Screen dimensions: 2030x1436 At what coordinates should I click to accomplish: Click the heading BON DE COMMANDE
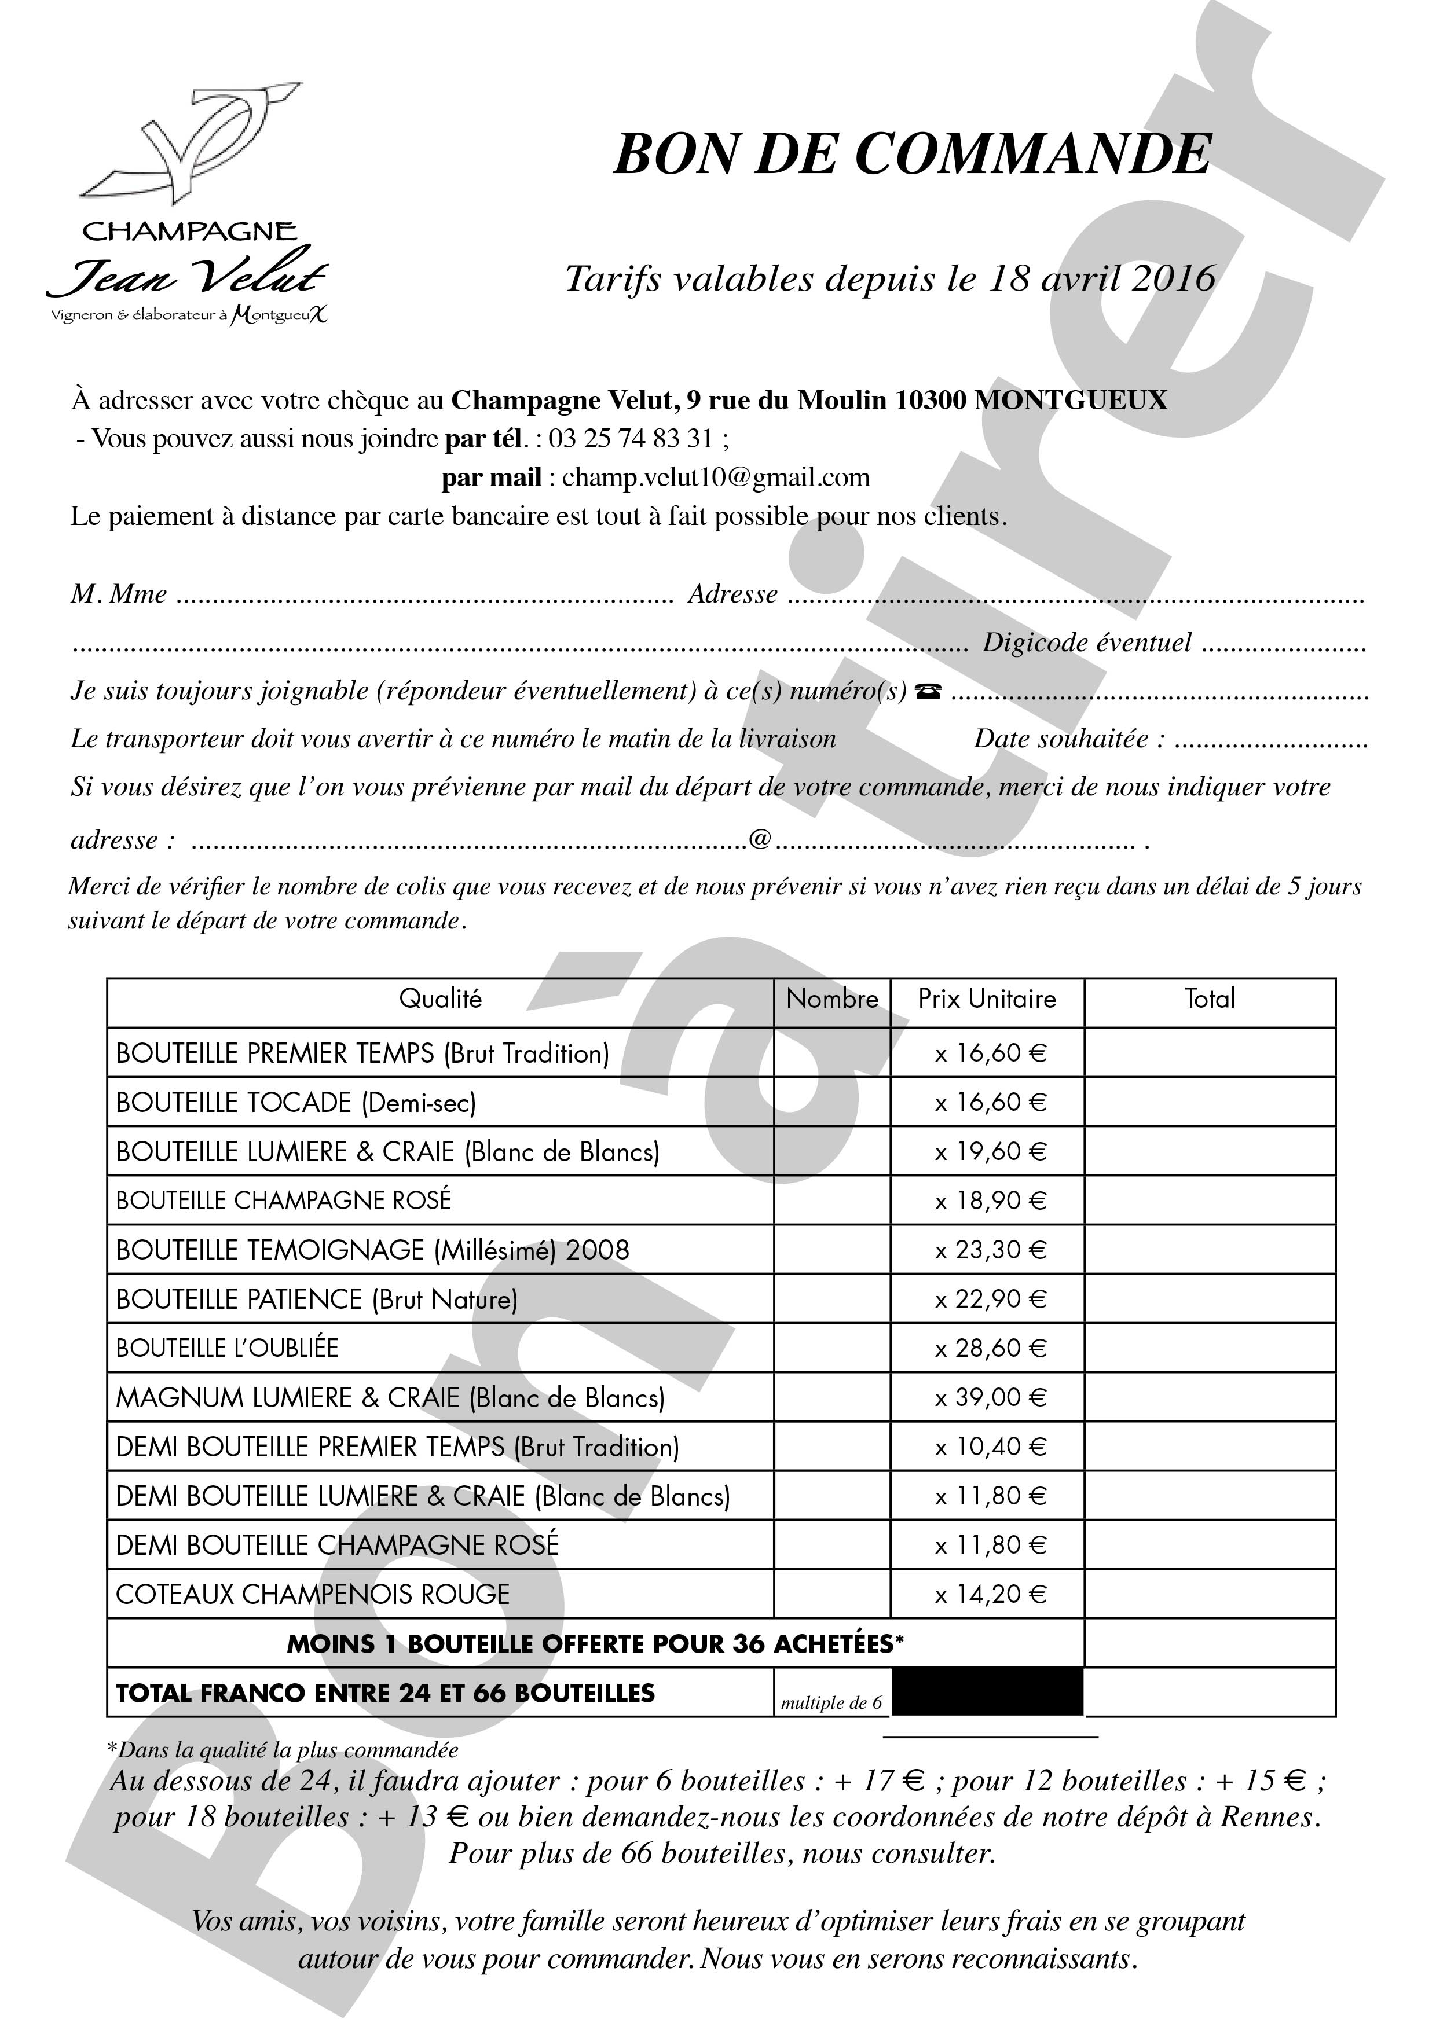point(911,154)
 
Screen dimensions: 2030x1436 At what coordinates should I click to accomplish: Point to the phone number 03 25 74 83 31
point(631,439)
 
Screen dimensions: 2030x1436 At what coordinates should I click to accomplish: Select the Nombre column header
point(832,999)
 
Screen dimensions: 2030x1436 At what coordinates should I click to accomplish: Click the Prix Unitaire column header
point(987,999)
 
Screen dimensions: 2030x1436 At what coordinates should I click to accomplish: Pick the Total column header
point(1210,999)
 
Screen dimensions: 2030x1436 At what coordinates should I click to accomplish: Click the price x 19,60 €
point(990,1152)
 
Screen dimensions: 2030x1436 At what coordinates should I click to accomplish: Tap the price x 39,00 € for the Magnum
point(990,1398)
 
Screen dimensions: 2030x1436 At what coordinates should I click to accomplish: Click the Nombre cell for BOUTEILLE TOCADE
point(832,1103)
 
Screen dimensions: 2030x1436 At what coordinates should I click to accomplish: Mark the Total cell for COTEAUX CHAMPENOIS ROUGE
point(1210,1595)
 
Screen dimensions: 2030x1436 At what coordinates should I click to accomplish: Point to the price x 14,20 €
point(990,1595)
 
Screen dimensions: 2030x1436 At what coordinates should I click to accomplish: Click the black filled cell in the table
point(987,1693)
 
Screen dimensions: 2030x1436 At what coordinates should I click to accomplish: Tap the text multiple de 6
point(831,1703)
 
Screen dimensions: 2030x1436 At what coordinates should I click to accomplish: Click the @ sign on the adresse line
point(760,839)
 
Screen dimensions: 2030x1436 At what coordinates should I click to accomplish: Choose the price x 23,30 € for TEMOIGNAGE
point(990,1250)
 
